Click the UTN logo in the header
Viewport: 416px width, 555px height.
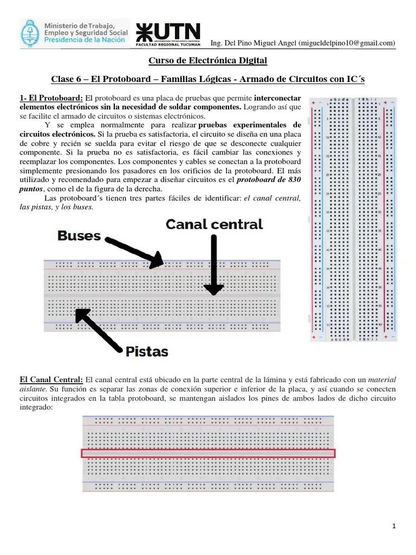tap(167, 31)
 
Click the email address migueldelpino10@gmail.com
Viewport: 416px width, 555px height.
tap(347, 43)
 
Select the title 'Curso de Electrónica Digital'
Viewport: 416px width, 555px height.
tap(208, 61)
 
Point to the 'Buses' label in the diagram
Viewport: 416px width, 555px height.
tap(79, 235)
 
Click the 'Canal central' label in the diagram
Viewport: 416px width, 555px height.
tap(214, 224)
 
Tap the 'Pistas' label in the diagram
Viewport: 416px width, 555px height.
tap(146, 352)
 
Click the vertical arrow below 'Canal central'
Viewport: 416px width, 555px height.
tap(214, 266)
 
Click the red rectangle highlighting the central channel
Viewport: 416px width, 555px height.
tap(209, 453)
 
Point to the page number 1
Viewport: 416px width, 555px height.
tap(394, 526)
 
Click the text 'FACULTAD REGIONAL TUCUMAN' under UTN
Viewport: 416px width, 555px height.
tap(167, 45)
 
